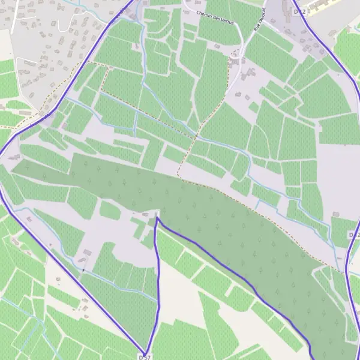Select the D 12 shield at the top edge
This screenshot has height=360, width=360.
[300, 11]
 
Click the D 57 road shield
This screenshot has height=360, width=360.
[144, 357]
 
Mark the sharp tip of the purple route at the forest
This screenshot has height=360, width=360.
[157, 218]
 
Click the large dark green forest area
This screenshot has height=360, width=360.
[180, 204]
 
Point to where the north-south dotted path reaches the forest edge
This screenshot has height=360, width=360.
[178, 176]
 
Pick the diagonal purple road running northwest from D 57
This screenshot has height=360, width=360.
[72, 282]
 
